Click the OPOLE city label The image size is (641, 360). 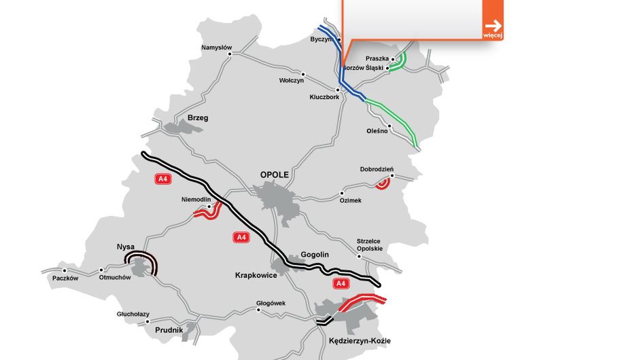pos(275,175)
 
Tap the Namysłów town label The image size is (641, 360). pos(217,48)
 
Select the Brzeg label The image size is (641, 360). pos(198,118)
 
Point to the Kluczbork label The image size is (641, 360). pos(324,97)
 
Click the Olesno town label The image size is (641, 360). pos(377,130)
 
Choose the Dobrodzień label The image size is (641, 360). pos(377,169)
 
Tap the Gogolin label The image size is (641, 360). pos(315,255)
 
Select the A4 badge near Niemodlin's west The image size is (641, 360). pos(162,179)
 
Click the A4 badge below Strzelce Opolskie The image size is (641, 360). pos(339,283)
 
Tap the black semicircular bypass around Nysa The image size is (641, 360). pos(146,259)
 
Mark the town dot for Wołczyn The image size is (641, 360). pos(303,74)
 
